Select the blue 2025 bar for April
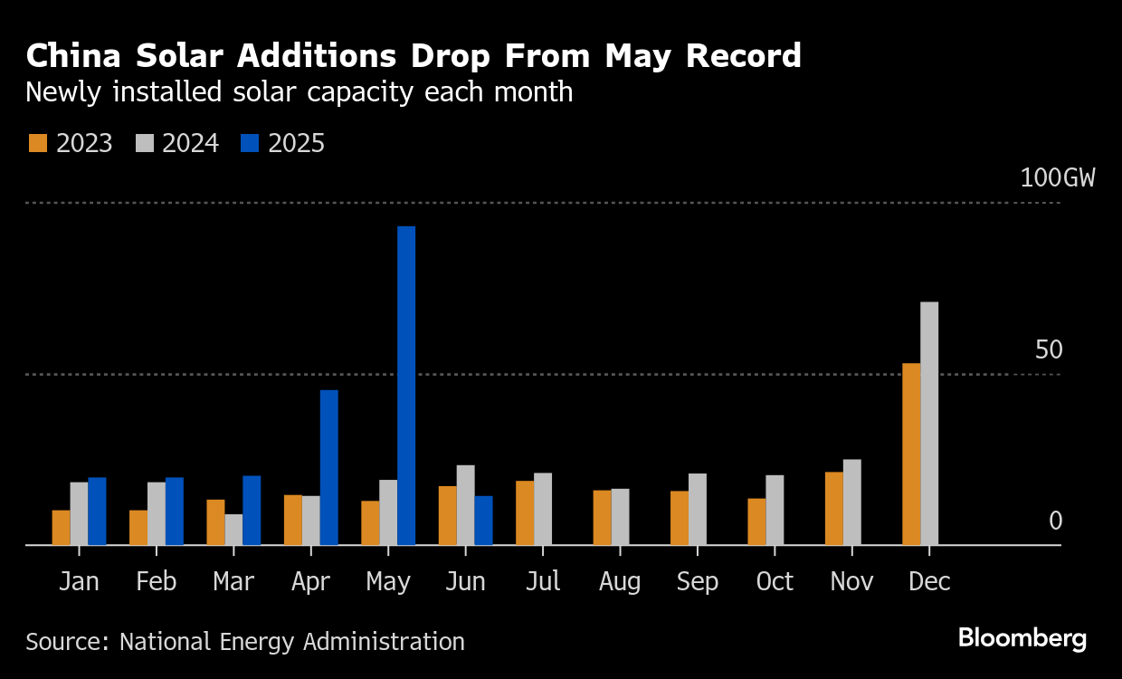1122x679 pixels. pyautogui.click(x=329, y=467)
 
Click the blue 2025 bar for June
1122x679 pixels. pyautogui.click(x=484, y=521)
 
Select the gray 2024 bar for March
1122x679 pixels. pyautogui.click(x=233, y=530)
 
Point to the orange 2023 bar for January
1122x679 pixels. pyautogui.click(x=61, y=528)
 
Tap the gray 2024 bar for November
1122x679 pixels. pyautogui.click(x=852, y=502)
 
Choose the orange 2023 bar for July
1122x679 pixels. pyautogui.click(x=525, y=513)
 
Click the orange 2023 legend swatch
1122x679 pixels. pyautogui.click(x=38, y=143)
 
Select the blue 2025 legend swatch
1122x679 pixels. pyautogui.click(x=250, y=143)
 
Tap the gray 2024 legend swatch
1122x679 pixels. pyautogui.click(x=144, y=143)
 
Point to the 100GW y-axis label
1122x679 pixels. pyautogui.click(x=1057, y=177)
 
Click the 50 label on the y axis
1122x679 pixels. pyautogui.click(x=1049, y=349)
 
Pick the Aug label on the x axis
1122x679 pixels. pyautogui.click(x=620, y=581)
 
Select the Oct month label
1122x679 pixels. pyautogui.click(x=775, y=581)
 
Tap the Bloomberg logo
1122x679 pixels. pyautogui.click(x=1022, y=638)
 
